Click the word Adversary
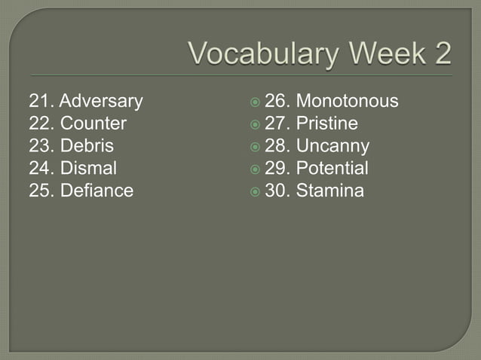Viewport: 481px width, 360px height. (101, 101)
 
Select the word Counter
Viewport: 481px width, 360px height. (93, 124)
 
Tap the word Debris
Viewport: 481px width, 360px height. (87, 146)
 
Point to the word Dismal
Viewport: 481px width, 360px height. (88, 168)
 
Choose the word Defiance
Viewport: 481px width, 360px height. (97, 191)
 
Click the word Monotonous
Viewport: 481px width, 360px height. (348, 101)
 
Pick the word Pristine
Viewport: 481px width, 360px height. (327, 124)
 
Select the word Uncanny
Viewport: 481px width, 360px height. (332, 146)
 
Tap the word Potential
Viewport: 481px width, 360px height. (332, 168)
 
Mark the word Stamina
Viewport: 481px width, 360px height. (330, 191)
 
